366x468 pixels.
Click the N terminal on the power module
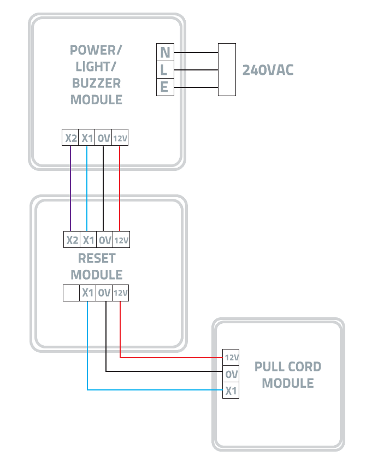click(x=164, y=53)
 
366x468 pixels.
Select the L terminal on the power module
click(x=164, y=70)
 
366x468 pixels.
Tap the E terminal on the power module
click(x=164, y=87)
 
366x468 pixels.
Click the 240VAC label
click(x=268, y=70)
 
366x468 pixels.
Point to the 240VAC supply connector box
click(x=227, y=70)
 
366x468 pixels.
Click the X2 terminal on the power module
click(x=70, y=138)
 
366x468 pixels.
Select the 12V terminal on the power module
click(x=120, y=139)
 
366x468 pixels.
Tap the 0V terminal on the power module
click(x=104, y=138)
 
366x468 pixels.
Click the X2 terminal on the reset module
click(x=72, y=239)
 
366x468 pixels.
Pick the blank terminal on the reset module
click(x=71, y=293)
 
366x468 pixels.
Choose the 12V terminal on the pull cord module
click(x=231, y=358)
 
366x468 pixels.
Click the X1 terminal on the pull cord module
click(x=231, y=390)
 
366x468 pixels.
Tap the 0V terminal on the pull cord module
click(x=231, y=374)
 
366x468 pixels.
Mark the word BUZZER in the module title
click(x=96, y=84)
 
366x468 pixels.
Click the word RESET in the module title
click(x=97, y=257)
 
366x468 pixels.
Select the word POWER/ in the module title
click(x=96, y=51)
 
